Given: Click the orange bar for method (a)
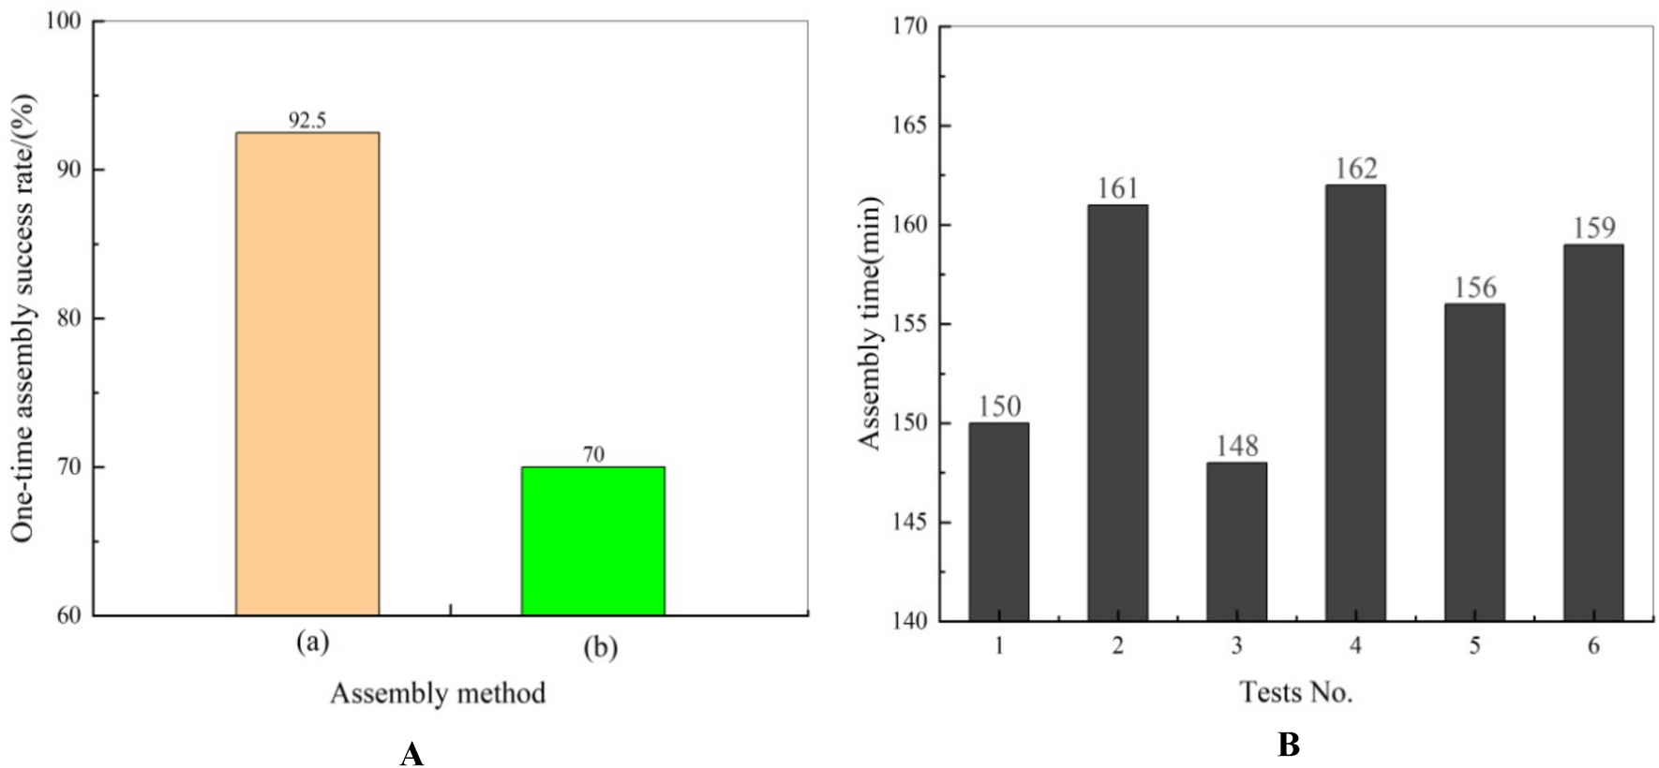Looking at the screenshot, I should pyautogui.click(x=307, y=374).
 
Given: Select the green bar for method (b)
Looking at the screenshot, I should pyautogui.click(x=592, y=540).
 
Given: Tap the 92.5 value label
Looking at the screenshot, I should pyautogui.click(x=307, y=121).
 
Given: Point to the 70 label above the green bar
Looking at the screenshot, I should pyautogui.click(x=593, y=455).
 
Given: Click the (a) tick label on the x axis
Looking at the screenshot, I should pyautogui.click(x=312, y=642).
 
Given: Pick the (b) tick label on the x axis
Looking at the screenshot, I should pyautogui.click(x=600, y=647).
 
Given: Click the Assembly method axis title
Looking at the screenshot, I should pyautogui.click(x=438, y=694).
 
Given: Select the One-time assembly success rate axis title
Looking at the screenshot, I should pyautogui.click(x=23, y=318).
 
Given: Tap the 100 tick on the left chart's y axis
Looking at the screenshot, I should pyautogui.click(x=63, y=21).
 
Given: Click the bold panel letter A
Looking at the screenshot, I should pyautogui.click(x=411, y=754).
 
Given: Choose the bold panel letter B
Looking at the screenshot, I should pyautogui.click(x=1288, y=746).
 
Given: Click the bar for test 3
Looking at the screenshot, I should pyautogui.click(x=1236, y=541).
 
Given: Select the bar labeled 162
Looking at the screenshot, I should pyautogui.click(x=1355, y=403).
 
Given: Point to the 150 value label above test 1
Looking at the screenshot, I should pyautogui.click(x=999, y=406).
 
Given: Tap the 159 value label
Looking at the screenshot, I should pyautogui.click(x=1593, y=229).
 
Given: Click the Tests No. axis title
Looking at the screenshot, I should pyautogui.click(x=1296, y=692).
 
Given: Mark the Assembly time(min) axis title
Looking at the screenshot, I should pyautogui.click(x=871, y=323).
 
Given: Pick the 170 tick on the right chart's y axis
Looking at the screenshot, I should pyautogui.click(x=909, y=26).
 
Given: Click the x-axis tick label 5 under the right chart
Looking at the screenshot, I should pyautogui.click(x=1474, y=646).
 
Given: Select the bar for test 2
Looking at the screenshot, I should pyautogui.click(x=1117, y=412).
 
